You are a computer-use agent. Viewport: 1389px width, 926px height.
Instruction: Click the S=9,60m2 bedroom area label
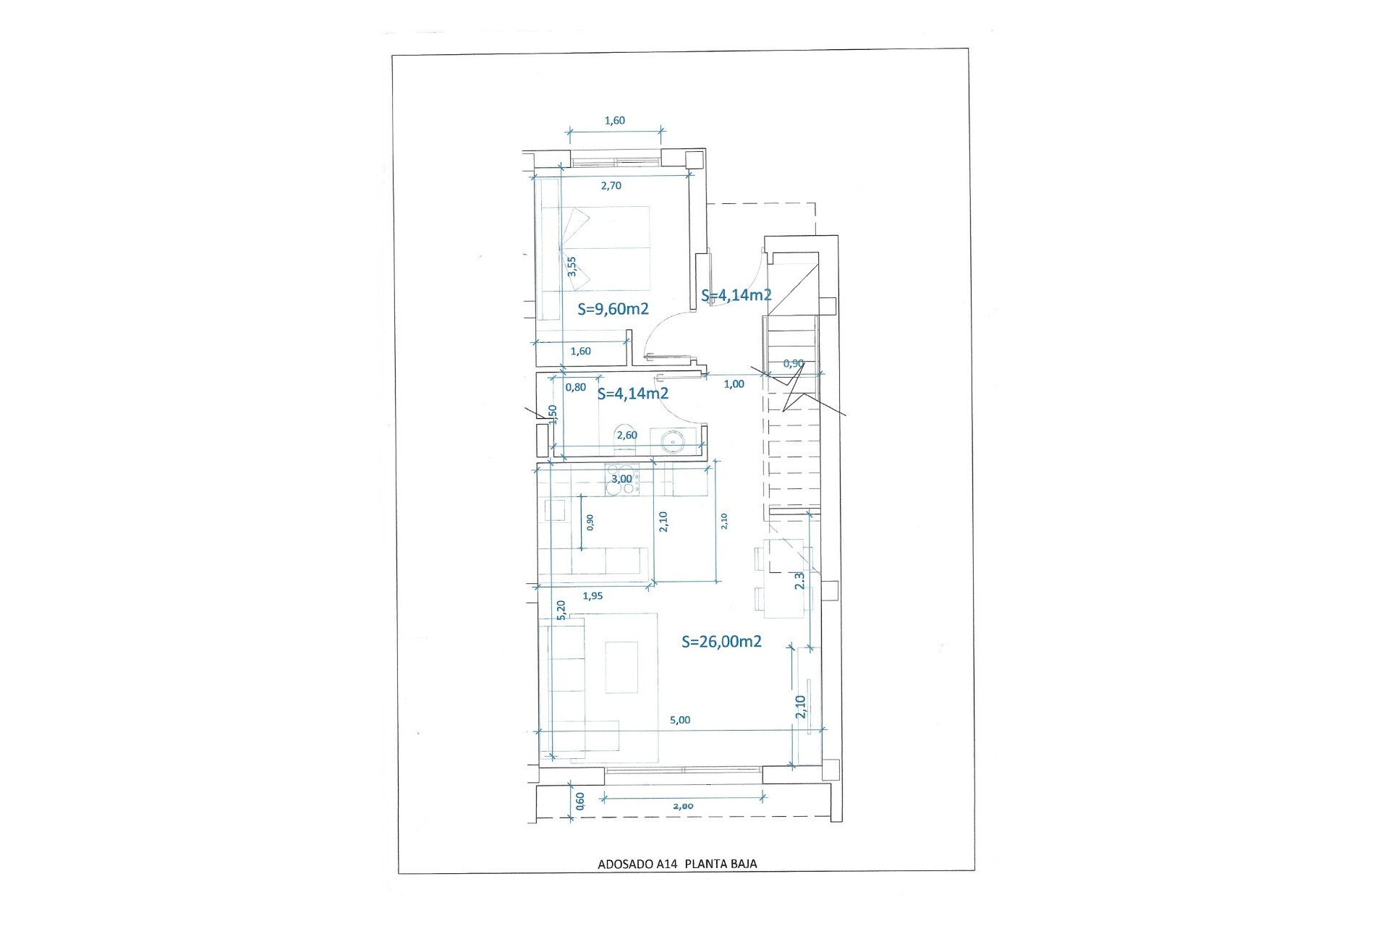point(613,309)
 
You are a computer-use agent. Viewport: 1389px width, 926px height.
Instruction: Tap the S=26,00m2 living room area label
point(721,642)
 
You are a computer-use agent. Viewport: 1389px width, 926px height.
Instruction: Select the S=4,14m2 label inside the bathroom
point(632,394)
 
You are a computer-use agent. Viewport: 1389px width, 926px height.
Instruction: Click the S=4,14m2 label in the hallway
point(736,295)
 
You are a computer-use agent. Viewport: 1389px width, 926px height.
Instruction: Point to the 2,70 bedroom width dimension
point(611,186)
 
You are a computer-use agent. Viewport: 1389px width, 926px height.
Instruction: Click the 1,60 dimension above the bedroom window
point(615,121)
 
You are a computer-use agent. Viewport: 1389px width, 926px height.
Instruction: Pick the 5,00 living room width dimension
point(680,721)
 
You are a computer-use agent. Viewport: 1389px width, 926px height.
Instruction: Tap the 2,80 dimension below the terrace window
point(683,806)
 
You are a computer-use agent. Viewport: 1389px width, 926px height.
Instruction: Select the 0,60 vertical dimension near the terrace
point(580,801)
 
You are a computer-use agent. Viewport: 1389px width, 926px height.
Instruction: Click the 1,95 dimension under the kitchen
point(592,596)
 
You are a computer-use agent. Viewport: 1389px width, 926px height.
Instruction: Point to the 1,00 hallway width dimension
point(734,384)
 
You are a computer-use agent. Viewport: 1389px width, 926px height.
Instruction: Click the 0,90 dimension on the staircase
point(794,364)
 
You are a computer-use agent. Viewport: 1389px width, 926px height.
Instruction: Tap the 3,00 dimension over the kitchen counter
point(621,479)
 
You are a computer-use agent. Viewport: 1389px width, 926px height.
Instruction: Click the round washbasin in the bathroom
point(672,441)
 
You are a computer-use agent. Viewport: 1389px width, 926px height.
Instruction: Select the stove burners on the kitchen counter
point(620,480)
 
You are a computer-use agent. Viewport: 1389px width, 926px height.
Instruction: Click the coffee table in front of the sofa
point(621,667)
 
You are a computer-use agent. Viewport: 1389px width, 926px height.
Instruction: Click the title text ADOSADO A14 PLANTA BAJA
point(677,864)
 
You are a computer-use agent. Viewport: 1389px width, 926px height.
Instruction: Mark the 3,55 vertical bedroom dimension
point(572,266)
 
